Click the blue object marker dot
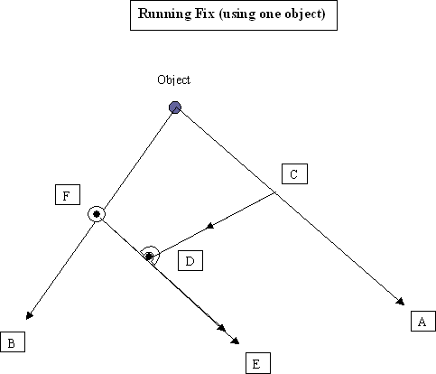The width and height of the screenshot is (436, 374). point(175,108)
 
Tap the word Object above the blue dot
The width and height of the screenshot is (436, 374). point(174,80)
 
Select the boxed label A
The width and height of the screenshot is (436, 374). point(423,322)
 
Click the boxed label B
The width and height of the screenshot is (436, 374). point(13,342)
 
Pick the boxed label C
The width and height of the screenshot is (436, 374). point(294,174)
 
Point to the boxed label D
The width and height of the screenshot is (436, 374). point(190,261)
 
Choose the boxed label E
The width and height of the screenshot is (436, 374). point(258,363)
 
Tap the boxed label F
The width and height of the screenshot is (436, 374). point(68,195)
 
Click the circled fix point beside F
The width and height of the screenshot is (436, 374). point(97,214)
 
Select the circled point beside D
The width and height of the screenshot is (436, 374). point(149,257)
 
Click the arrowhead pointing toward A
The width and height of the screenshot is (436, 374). point(401,302)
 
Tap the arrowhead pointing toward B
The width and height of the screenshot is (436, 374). point(29,315)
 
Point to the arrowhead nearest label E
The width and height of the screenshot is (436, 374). point(235,341)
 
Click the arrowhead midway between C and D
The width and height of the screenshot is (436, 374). point(210,226)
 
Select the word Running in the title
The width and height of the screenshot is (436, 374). point(164,14)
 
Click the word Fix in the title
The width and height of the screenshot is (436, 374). point(205,14)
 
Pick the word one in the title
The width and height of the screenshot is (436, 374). point(270,15)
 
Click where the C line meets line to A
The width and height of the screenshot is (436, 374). point(275,193)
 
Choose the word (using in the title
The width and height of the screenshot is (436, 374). point(237,14)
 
